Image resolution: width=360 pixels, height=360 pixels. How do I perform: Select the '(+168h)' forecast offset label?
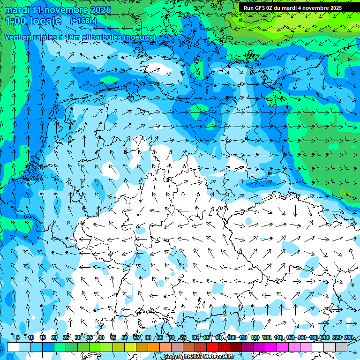pos(84,21)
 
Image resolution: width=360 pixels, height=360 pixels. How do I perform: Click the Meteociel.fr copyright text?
pos(199,357)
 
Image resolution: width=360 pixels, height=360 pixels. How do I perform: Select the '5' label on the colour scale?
pos(18,337)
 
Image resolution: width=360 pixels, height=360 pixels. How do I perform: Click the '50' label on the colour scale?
pos(124,337)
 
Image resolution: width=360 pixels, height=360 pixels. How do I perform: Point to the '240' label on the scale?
pos(349,337)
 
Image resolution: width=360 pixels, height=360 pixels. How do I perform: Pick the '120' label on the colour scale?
pos(255,337)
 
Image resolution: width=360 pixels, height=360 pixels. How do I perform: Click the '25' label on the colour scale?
pos(66,337)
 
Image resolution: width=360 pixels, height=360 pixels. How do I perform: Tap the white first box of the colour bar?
pos(13,347)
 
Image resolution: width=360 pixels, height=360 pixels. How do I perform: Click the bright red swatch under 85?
pos(212,347)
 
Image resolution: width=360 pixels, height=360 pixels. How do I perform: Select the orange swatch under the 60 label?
pos(154,347)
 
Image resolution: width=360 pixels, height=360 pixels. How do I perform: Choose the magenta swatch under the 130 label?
pos(271,347)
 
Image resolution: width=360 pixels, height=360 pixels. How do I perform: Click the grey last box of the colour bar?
pos(341,347)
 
